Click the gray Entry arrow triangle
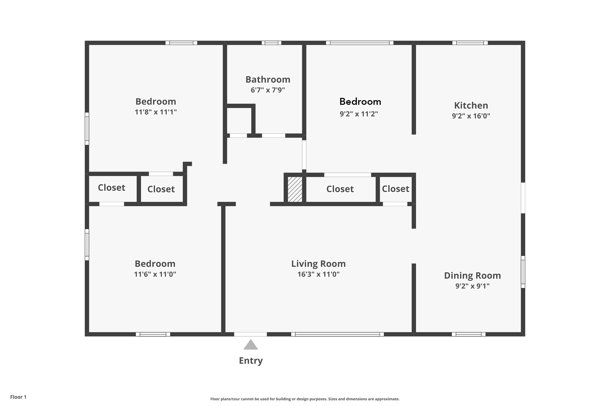tap(251, 345)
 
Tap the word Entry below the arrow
tap(251, 361)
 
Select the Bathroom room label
tap(268, 79)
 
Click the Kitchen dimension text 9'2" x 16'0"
tap(471, 116)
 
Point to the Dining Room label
tap(472, 275)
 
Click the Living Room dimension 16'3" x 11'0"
tap(318, 274)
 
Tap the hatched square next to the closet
tap(295, 189)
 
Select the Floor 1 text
tap(18, 397)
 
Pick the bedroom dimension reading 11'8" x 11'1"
tap(156, 112)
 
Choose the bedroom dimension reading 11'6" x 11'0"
tap(155, 274)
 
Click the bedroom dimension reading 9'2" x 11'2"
tap(359, 114)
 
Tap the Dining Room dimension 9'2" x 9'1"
tap(472, 286)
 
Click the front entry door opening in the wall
tap(250, 334)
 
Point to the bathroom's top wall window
tap(271, 43)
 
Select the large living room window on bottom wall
tap(337, 334)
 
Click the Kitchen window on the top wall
tap(470, 43)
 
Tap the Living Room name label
tap(318, 264)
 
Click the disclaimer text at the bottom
tap(305, 399)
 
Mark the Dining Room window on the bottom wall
tap(468, 334)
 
